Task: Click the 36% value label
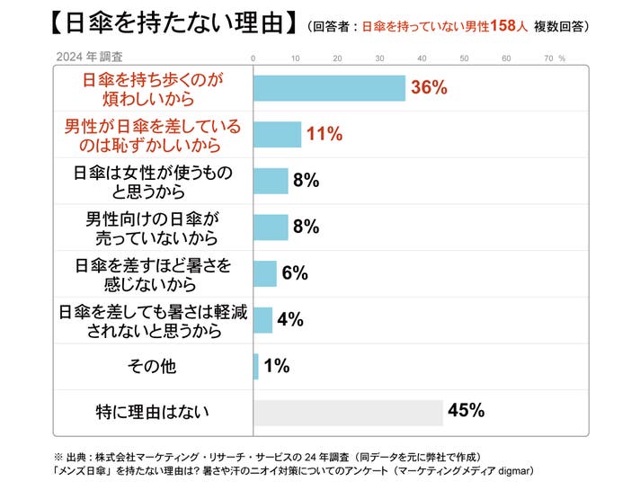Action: pos(429,88)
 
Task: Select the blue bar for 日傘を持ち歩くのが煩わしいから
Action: pos(329,88)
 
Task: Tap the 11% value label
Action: pos(324,134)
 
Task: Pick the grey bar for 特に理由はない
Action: pos(348,412)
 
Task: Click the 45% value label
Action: pos(467,411)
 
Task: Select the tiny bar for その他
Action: pos(256,366)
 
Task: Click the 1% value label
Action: pos(277,365)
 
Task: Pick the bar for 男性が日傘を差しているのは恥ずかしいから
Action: pos(277,134)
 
